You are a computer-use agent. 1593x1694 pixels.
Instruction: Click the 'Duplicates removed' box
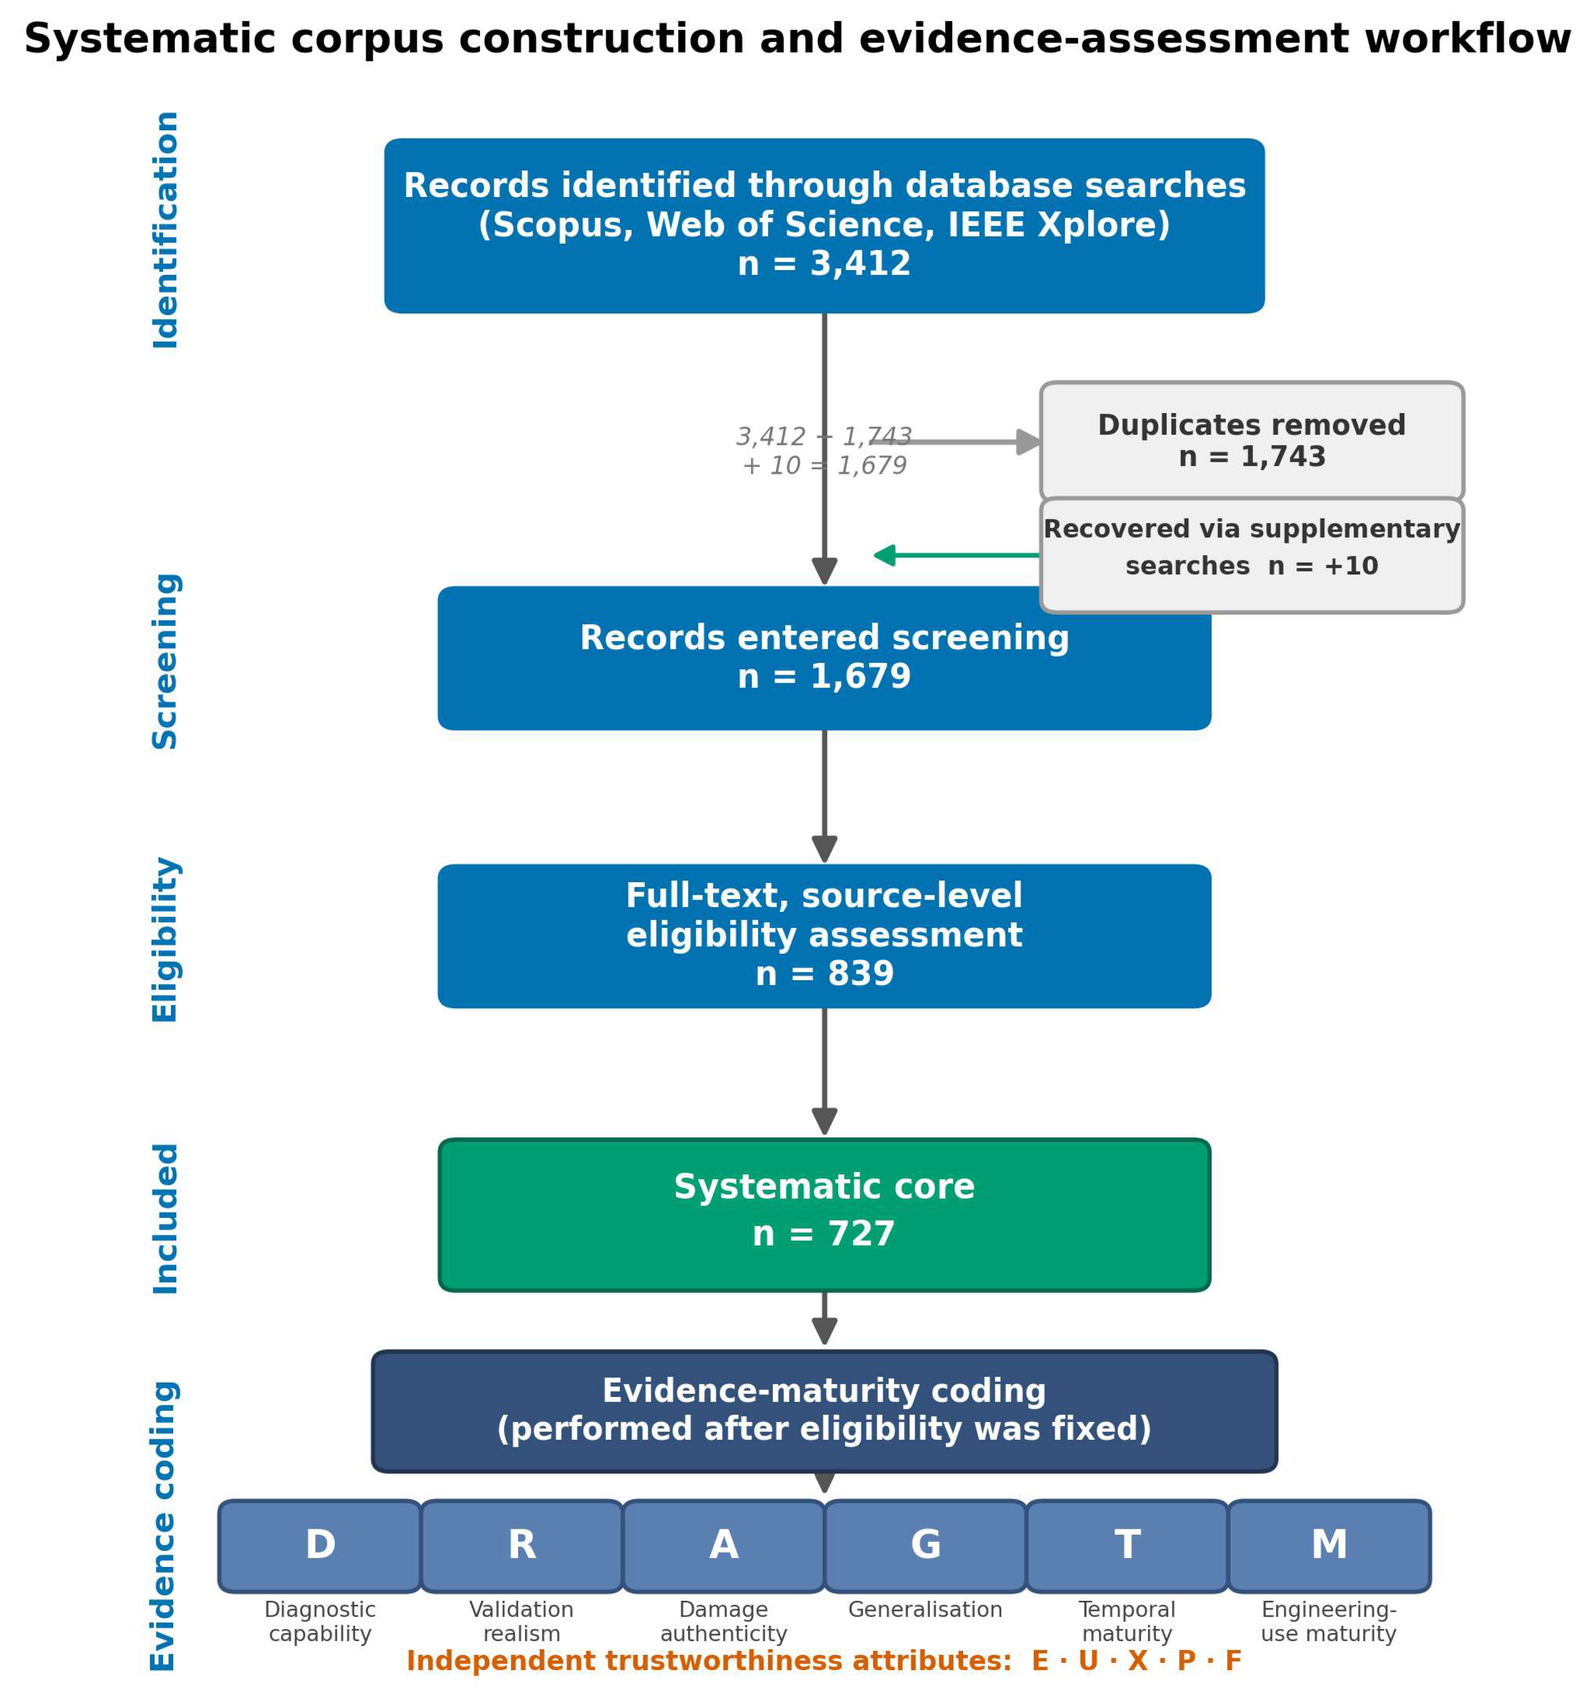click(x=1251, y=442)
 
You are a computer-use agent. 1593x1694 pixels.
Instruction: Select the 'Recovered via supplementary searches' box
click(x=1251, y=555)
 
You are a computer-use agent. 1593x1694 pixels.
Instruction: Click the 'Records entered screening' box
click(x=824, y=658)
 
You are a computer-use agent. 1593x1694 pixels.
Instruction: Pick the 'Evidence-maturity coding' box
click(x=824, y=1411)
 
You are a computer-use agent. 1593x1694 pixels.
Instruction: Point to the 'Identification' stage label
click(x=165, y=230)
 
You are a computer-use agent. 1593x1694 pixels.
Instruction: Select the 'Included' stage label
click(x=165, y=1218)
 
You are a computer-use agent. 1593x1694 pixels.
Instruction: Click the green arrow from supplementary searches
click(x=956, y=555)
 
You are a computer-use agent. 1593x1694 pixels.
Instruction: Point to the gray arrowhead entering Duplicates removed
click(x=1029, y=442)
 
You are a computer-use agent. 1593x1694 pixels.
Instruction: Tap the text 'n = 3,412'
click(x=824, y=264)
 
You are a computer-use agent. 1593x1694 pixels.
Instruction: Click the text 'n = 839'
click(x=824, y=974)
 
